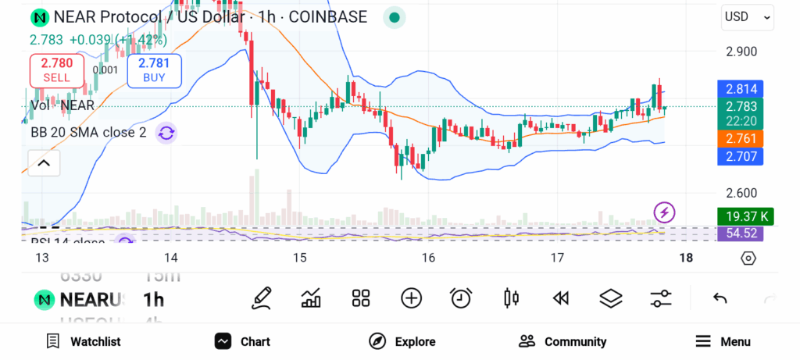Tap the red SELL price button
pyautogui.click(x=57, y=70)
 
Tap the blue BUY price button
pyautogui.click(x=154, y=70)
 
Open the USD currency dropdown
pyautogui.click(x=747, y=16)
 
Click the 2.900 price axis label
pyautogui.click(x=742, y=52)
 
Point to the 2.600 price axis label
pyautogui.click(x=742, y=193)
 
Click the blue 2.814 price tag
pyautogui.click(x=740, y=89)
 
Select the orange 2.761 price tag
pyautogui.click(x=740, y=139)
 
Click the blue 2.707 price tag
pyautogui.click(x=740, y=157)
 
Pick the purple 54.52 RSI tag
pyautogui.click(x=740, y=233)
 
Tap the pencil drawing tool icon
pyautogui.click(x=262, y=298)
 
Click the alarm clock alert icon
pyautogui.click(x=461, y=298)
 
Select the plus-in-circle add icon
pyautogui.click(x=411, y=298)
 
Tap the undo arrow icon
pyautogui.click(x=720, y=298)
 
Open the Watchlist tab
pyautogui.click(x=84, y=341)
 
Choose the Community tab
pyautogui.click(x=562, y=341)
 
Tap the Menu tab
pyautogui.click(x=723, y=341)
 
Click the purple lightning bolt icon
pyautogui.click(x=664, y=212)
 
